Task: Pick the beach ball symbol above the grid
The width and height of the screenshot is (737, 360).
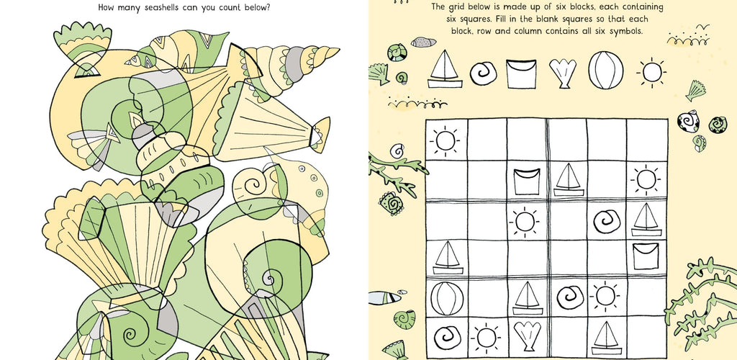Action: pyautogui.click(x=606, y=70)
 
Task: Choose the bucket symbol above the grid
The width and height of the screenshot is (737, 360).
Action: pyautogui.click(x=521, y=73)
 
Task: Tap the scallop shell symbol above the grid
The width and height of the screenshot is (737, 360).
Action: pyautogui.click(x=563, y=73)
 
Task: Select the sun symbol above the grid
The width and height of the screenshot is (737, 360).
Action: pyautogui.click(x=651, y=73)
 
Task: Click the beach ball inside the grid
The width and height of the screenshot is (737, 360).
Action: pyautogui.click(x=447, y=298)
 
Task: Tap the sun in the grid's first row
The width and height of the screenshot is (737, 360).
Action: pyautogui.click(x=445, y=140)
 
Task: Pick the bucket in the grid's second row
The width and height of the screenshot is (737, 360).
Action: pyautogui.click(x=526, y=181)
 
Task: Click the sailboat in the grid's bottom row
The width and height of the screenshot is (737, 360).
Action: pyautogui.click(x=605, y=338)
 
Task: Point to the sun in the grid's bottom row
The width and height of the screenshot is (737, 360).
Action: pyautogui.click(x=486, y=338)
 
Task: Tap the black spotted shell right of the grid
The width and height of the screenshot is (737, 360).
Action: pyautogui.click(x=688, y=121)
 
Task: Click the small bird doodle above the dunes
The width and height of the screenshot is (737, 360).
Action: pyautogui.click(x=702, y=27)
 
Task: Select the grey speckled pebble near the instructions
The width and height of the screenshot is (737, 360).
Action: pyautogui.click(x=423, y=42)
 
